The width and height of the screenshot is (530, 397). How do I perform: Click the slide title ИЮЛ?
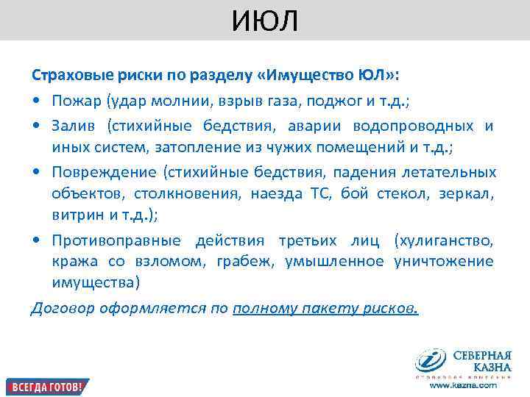tap(265, 21)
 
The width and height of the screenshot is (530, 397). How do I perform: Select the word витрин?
tap(73, 215)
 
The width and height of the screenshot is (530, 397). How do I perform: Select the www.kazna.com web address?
tap(463, 385)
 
